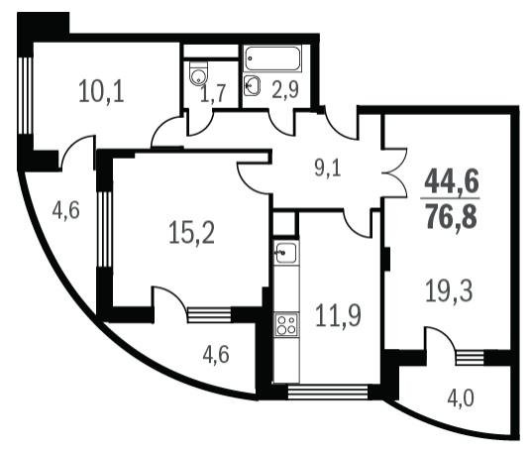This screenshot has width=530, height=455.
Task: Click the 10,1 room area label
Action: [101, 91]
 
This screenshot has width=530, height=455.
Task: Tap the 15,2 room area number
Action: [191, 232]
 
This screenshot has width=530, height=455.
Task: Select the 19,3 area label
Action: [449, 290]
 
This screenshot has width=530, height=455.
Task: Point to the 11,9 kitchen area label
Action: [338, 315]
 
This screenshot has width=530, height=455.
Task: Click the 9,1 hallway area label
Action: [328, 169]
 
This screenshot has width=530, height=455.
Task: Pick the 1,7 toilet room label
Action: [213, 93]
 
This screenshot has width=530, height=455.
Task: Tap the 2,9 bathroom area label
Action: [285, 90]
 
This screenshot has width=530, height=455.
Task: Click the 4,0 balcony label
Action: [461, 398]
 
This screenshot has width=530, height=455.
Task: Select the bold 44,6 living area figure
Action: [452, 180]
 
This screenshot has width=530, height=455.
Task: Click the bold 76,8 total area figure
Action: [452, 216]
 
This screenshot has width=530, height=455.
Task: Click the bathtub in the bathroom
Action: [272, 58]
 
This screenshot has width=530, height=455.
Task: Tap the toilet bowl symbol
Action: [198, 73]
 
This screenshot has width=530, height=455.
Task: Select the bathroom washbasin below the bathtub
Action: [252, 85]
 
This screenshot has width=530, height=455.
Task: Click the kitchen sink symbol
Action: [286, 253]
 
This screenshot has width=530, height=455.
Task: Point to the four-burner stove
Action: [286, 324]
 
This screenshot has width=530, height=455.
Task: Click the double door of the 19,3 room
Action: [395, 172]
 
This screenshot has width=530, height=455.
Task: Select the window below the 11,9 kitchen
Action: [328, 393]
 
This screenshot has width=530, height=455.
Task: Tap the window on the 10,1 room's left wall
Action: [25, 96]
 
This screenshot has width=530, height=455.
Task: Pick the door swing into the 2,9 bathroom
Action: [282, 123]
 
